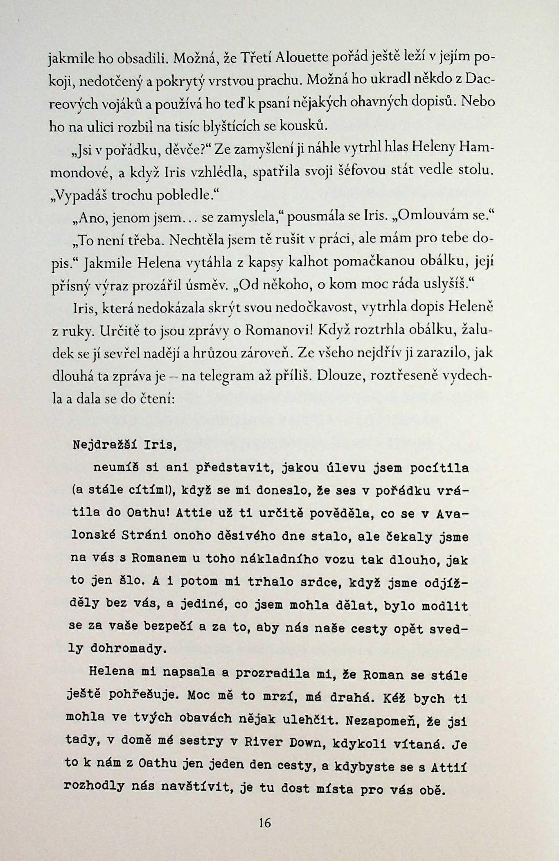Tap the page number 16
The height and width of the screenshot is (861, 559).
(265, 823)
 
